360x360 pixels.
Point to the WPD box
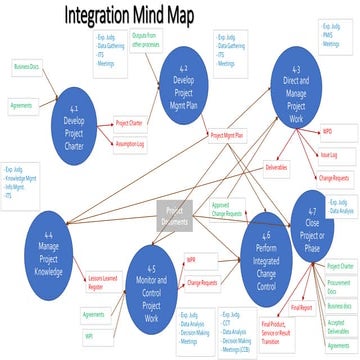coord(328,132)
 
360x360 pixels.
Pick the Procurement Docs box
coord(338,283)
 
